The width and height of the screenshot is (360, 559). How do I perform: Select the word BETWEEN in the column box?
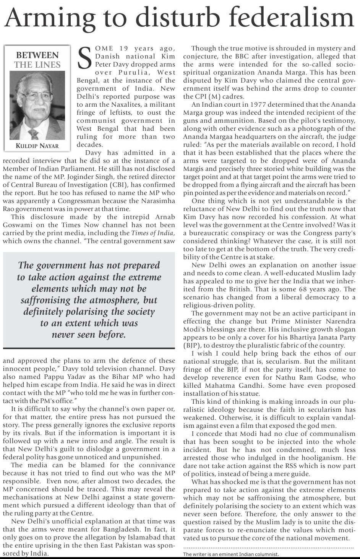tap(37, 55)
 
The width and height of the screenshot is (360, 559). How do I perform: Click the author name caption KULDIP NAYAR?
tap(37, 146)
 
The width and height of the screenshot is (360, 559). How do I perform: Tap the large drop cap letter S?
tap(84, 59)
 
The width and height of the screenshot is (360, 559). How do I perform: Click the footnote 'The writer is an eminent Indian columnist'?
tap(231, 554)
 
